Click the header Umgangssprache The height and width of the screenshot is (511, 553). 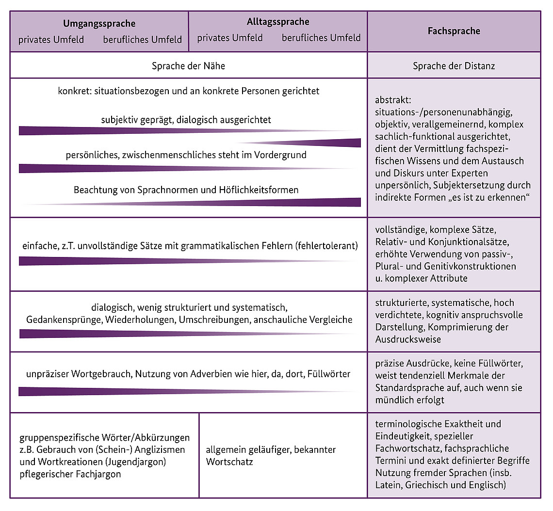[99, 23]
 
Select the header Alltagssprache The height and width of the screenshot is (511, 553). [278, 22]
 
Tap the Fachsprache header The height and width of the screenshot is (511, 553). [454, 31]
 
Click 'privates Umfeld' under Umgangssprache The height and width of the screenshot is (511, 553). [51, 40]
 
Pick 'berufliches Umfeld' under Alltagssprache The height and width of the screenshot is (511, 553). [321, 38]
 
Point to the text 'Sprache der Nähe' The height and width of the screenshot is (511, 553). [188, 66]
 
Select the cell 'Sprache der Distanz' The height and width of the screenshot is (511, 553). [454, 66]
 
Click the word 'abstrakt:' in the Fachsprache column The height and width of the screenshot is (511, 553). [392, 100]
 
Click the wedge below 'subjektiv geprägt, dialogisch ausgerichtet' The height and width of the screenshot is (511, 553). [97, 131]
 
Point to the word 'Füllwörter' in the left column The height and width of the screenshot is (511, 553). [329, 374]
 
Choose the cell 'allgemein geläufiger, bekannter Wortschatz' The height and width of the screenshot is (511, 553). [271, 456]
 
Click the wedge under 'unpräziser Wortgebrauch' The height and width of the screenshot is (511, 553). [97, 391]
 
